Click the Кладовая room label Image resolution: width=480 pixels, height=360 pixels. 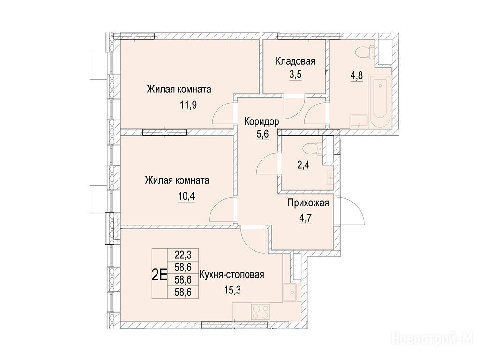click(295, 61)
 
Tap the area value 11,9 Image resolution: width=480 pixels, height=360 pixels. click(188, 105)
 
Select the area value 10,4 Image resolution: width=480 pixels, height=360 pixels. click(187, 195)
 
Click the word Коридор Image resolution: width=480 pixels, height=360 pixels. click(262, 121)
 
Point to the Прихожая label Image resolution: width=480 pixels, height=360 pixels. click(308, 202)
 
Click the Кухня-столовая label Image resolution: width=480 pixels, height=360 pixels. click(232, 275)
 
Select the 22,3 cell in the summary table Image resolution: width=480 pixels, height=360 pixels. click(183, 255)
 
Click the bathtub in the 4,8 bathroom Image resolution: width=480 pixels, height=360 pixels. click(380, 101)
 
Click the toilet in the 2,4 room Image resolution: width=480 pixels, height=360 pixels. click(313, 149)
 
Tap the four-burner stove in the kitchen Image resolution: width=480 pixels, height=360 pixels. click(260, 312)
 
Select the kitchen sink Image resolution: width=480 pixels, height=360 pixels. click(290, 292)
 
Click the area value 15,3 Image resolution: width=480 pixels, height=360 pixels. click(232, 290)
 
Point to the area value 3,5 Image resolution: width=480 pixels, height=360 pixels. click(295, 75)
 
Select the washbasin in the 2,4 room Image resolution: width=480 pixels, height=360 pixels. click(330, 176)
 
